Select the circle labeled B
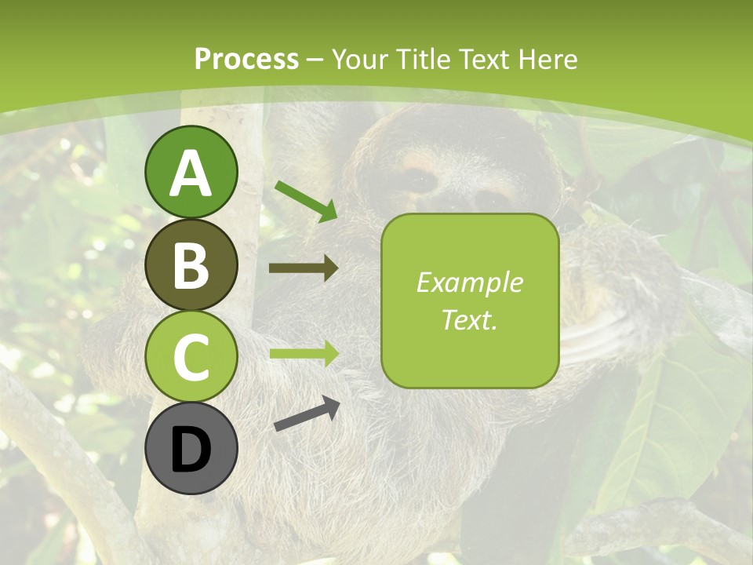(x=191, y=264)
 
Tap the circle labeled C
(x=191, y=357)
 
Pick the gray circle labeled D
(x=191, y=449)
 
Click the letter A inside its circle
(x=191, y=173)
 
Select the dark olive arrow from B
(x=304, y=268)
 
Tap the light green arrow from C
(x=304, y=353)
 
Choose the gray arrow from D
(x=307, y=414)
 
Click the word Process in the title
(x=246, y=59)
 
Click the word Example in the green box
(x=469, y=282)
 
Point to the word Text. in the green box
(x=469, y=319)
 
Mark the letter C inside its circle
(x=191, y=358)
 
